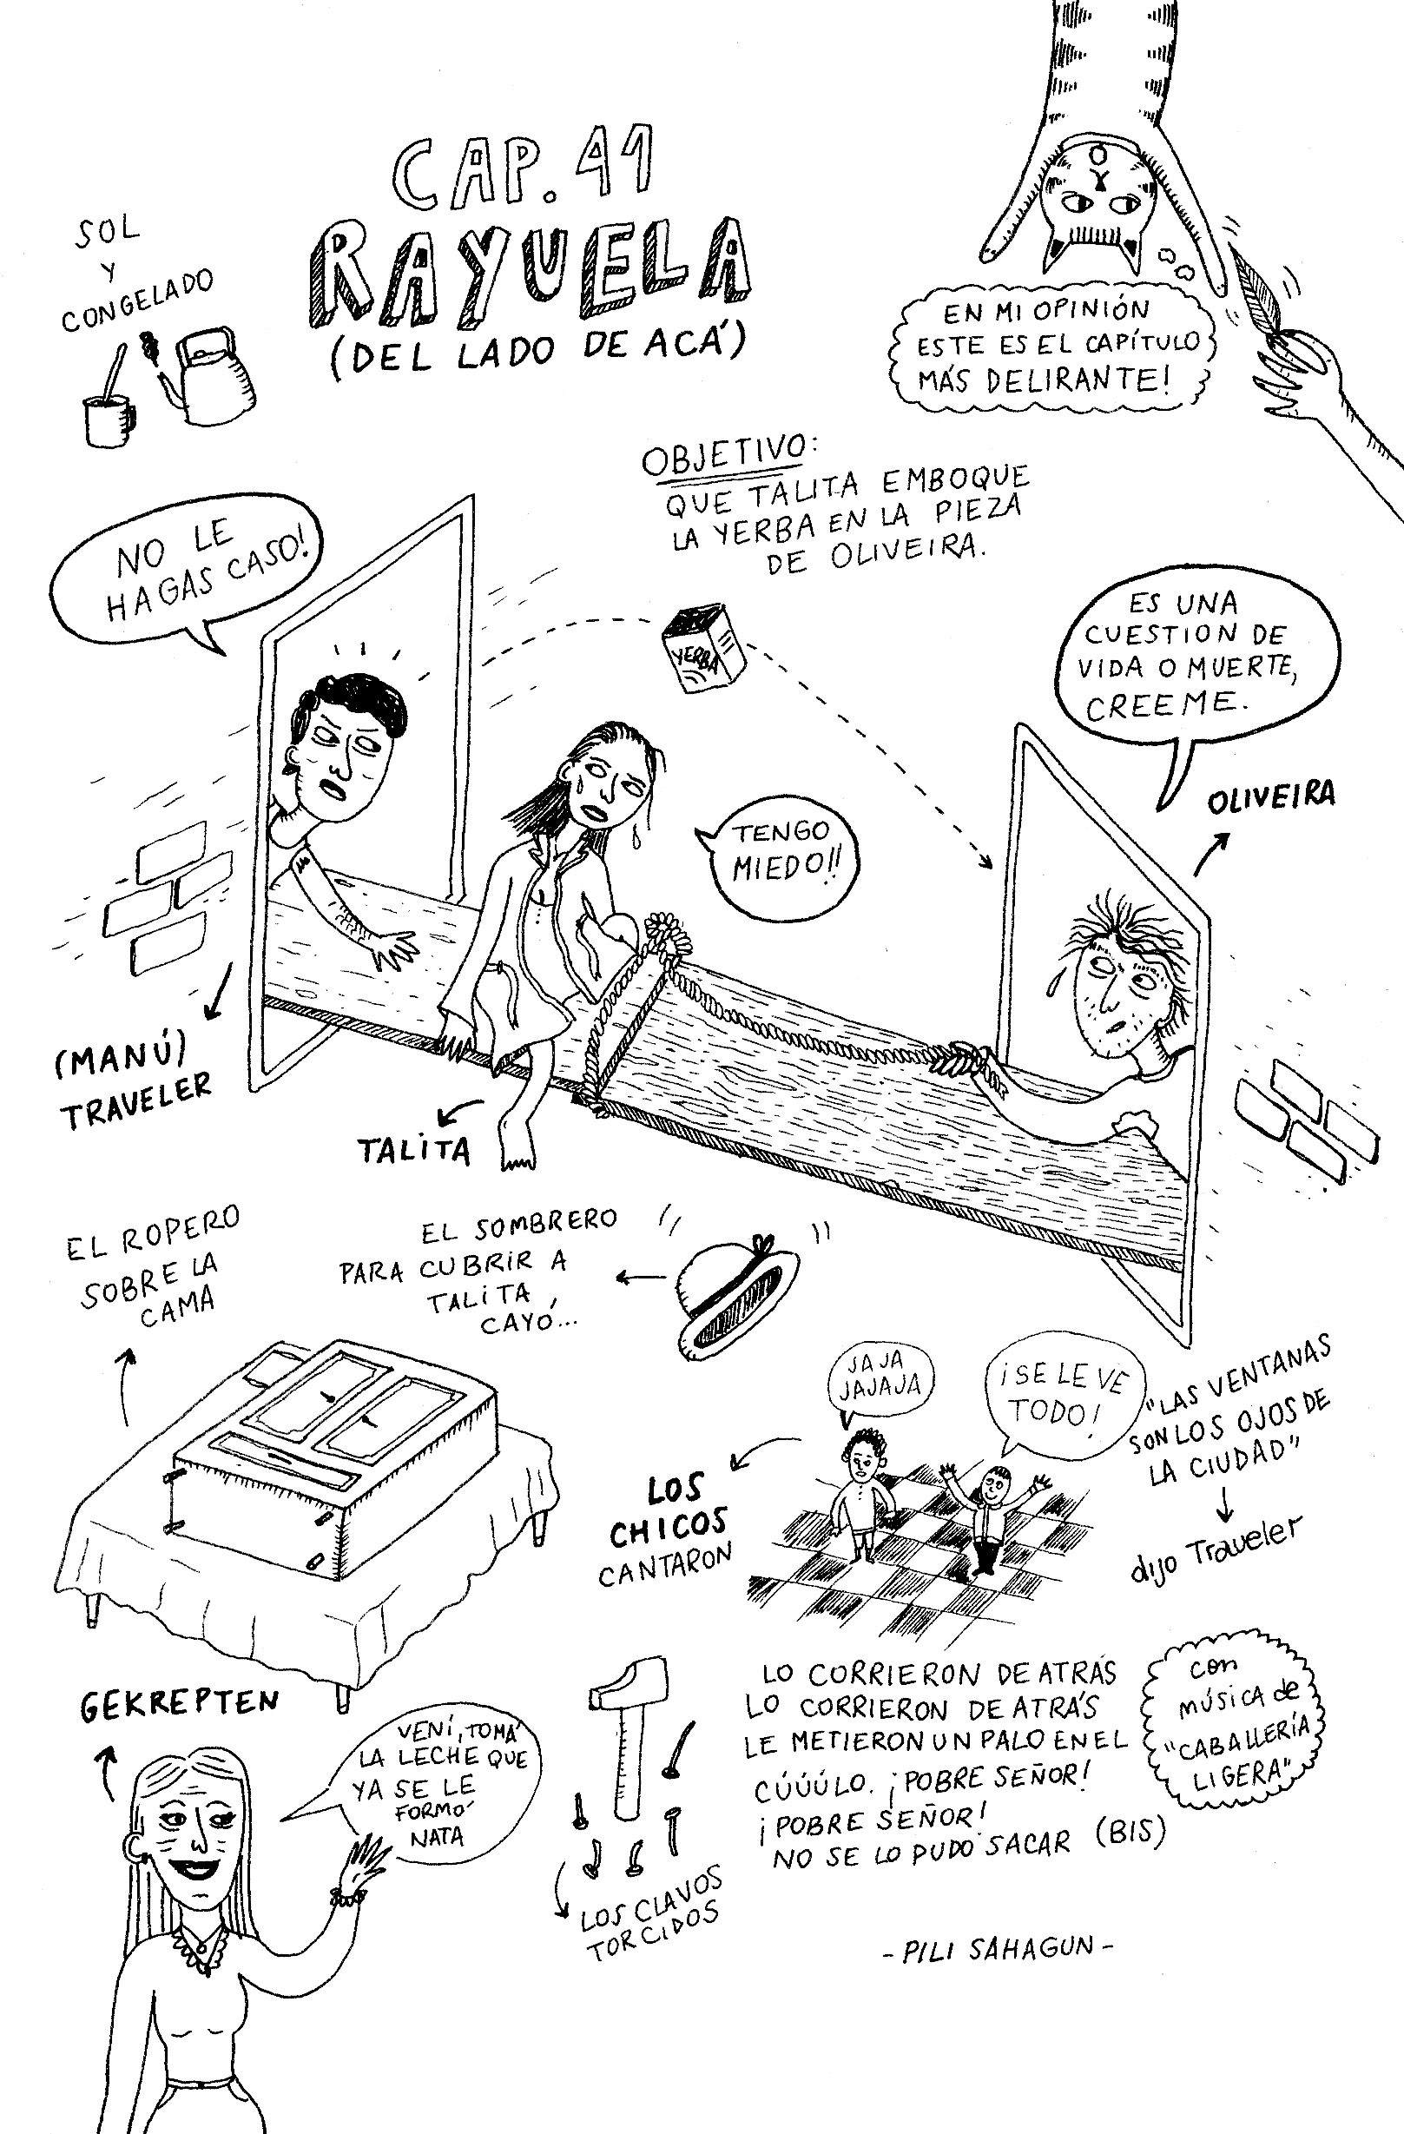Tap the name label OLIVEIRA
coord(1270,797)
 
